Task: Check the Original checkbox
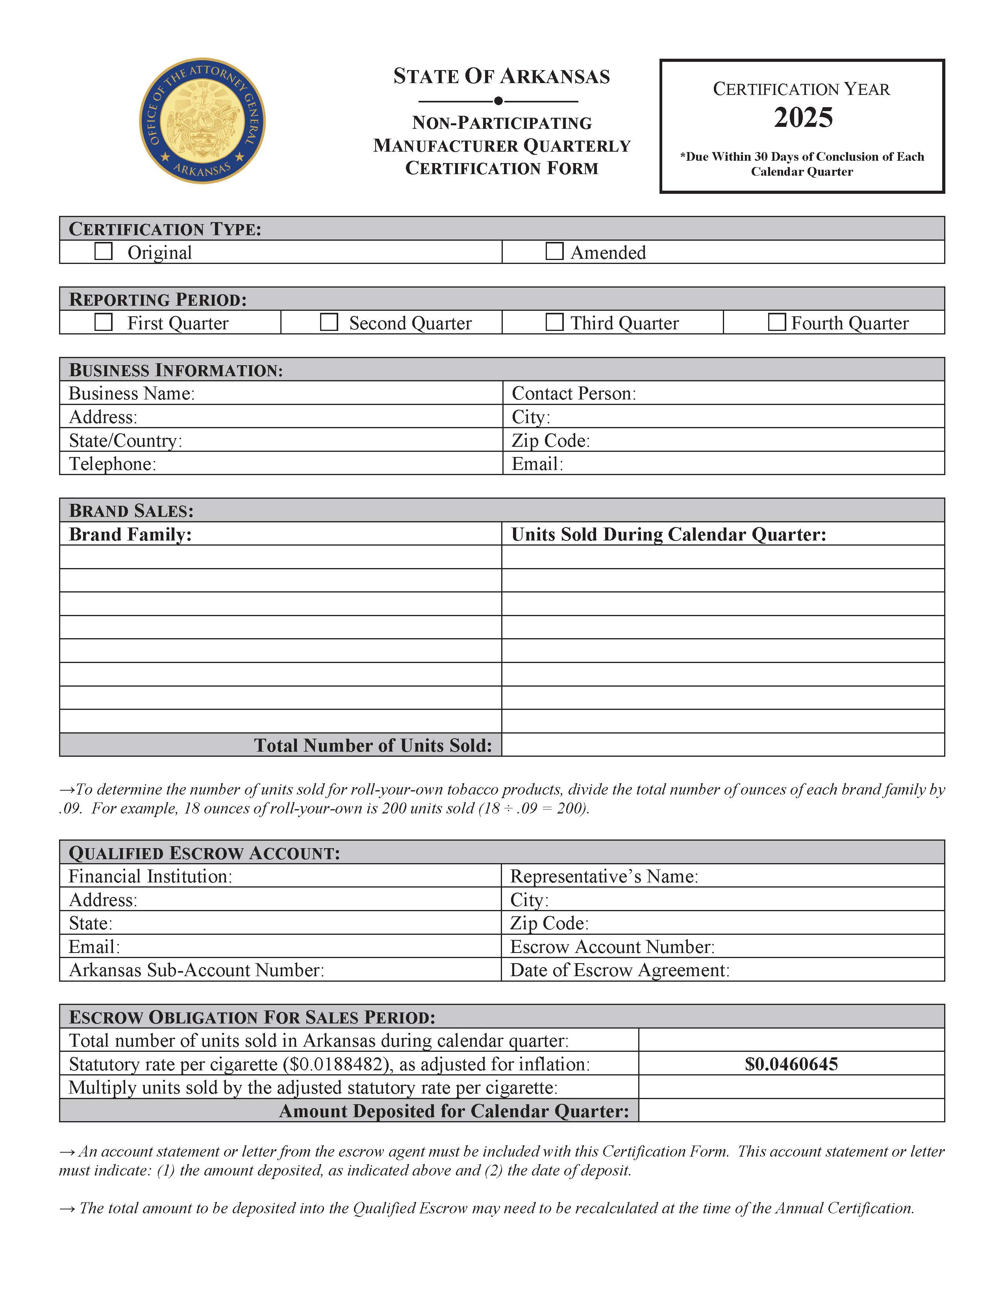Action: (x=104, y=251)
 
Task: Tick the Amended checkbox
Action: (x=554, y=251)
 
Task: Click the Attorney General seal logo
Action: (x=202, y=121)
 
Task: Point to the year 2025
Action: (x=803, y=117)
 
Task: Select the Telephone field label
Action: (x=113, y=464)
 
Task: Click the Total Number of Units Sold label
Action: (x=373, y=745)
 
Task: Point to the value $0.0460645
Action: (x=791, y=1064)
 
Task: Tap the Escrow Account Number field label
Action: (x=612, y=946)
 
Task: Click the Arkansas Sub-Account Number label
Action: (x=196, y=969)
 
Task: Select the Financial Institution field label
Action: (x=150, y=876)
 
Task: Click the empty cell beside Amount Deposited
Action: (x=791, y=1110)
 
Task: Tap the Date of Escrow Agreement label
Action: (x=620, y=969)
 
